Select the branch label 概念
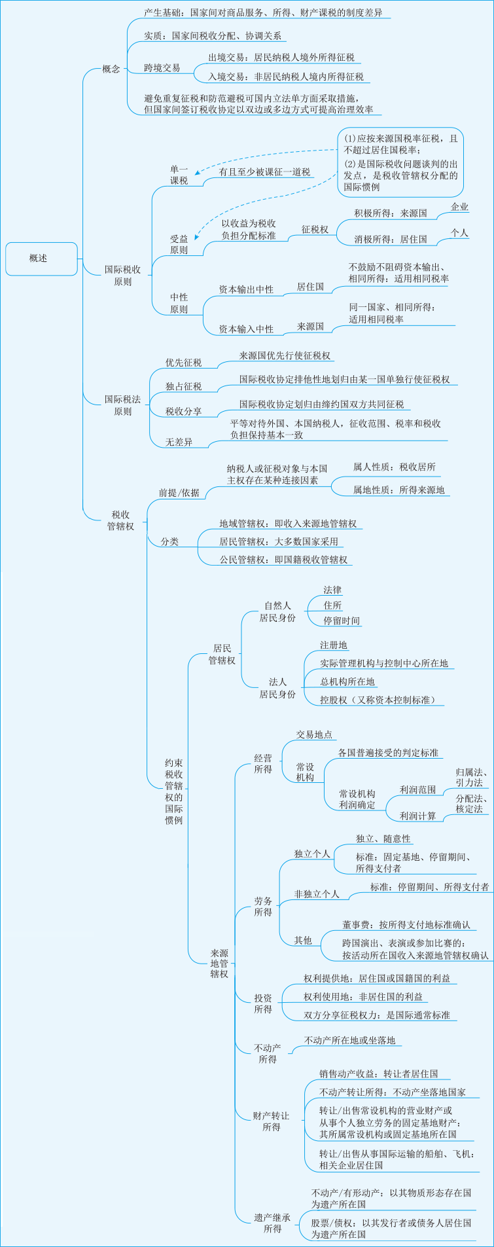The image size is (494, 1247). (x=111, y=69)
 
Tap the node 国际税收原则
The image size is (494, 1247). (x=123, y=276)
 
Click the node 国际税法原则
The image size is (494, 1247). (x=123, y=405)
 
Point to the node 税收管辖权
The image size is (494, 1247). (x=121, y=520)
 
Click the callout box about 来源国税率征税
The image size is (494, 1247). (x=400, y=162)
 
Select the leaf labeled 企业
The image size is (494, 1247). (x=460, y=207)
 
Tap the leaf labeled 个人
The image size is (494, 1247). (x=460, y=232)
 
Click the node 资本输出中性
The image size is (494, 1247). (x=246, y=289)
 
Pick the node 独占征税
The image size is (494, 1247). (x=183, y=386)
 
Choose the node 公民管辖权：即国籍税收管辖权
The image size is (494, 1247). (x=283, y=560)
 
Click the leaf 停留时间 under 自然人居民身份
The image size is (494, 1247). (x=342, y=621)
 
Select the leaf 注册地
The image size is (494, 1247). (x=334, y=645)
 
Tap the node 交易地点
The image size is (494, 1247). (x=314, y=735)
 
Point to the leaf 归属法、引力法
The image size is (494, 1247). (x=469, y=778)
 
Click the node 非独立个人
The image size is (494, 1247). (x=317, y=894)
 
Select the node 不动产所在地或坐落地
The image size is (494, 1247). (x=350, y=1040)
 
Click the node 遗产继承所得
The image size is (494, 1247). (x=272, y=1223)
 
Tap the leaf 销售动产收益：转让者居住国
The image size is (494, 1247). (x=379, y=1074)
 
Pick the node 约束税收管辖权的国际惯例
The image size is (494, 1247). (x=174, y=791)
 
